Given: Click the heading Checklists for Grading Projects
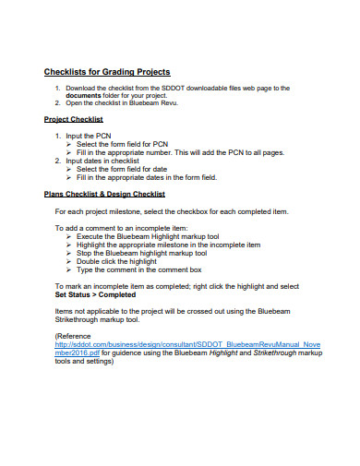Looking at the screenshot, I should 107,72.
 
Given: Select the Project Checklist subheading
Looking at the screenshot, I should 73,119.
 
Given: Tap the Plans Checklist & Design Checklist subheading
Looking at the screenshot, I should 104,194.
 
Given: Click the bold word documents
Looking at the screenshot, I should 84,94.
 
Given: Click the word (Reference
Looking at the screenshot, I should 74,335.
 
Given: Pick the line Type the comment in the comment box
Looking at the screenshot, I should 138,269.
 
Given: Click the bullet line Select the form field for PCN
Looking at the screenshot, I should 122,144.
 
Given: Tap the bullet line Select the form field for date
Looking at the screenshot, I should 122,169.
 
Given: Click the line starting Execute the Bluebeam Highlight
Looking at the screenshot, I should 147,236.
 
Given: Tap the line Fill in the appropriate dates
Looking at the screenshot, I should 146,177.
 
